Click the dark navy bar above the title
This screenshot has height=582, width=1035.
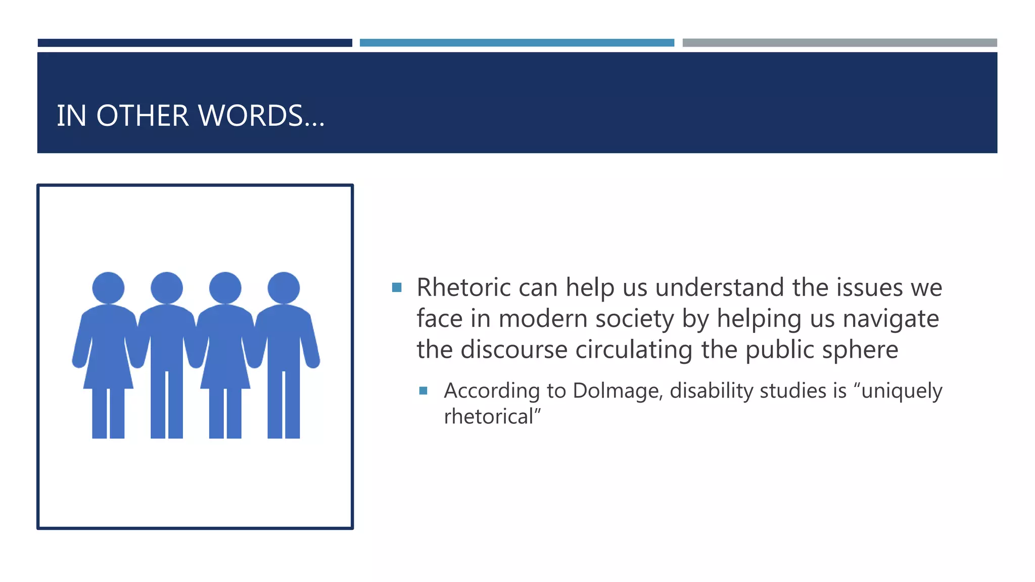coord(195,43)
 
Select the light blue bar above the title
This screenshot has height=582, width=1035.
coord(516,43)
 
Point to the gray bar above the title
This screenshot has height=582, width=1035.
coord(839,43)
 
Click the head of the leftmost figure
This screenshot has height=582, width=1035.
coord(108,288)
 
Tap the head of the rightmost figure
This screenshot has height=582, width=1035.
coord(284,288)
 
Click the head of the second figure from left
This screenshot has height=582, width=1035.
coord(167,288)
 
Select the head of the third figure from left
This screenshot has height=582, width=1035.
coord(225,288)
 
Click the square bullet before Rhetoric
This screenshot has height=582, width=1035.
coord(397,287)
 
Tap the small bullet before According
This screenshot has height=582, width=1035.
coord(424,391)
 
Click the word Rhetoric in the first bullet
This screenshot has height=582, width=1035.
coord(463,287)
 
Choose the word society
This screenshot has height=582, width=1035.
coord(635,319)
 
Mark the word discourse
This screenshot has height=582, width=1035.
coord(514,350)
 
